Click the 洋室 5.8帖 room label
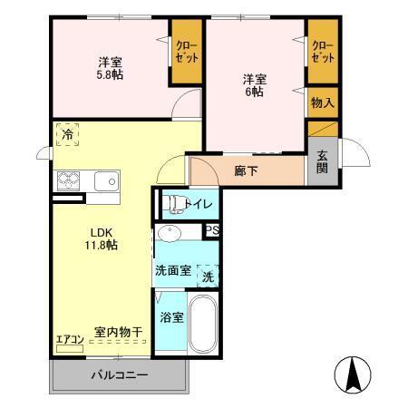coord(111,68)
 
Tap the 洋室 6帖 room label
coord(255,83)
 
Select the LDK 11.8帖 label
coord(101,238)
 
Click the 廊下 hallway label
coord(246,170)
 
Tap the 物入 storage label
coord(322,102)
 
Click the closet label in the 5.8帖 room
coord(187,51)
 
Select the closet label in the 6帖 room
coord(323,51)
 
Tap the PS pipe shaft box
coord(212,230)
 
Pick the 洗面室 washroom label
coord(172,270)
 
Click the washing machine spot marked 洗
coord(208,276)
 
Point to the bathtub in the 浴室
coord(203,323)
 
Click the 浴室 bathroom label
coord(172,317)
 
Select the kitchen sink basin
coord(105,180)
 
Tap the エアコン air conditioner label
coord(70,340)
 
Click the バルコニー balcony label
coord(118,374)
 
